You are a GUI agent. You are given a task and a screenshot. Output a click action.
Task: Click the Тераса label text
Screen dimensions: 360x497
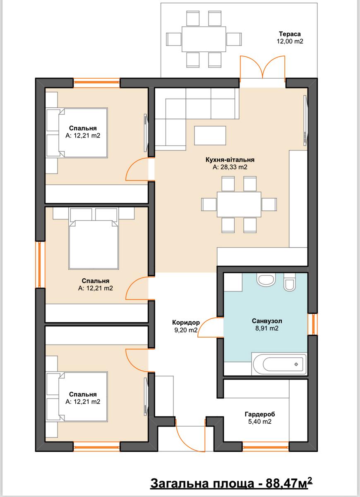[x=290, y=34]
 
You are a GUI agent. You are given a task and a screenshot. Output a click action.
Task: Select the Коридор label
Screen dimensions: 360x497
[x=186, y=322]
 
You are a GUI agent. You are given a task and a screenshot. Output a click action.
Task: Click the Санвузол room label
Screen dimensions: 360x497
[x=267, y=321]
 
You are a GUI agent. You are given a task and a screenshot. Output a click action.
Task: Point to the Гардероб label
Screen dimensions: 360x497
[x=260, y=414]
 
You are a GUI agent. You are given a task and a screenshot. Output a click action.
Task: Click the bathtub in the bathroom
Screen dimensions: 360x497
[x=279, y=364]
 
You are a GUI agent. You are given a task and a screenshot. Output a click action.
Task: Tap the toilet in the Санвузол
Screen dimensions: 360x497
[x=290, y=282]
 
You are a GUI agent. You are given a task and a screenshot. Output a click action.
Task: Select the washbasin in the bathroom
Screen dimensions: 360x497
[x=266, y=279]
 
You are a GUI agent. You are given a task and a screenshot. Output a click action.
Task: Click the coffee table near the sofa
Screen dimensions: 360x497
[x=210, y=135]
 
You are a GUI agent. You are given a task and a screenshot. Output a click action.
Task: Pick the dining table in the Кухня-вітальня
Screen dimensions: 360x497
[x=239, y=204]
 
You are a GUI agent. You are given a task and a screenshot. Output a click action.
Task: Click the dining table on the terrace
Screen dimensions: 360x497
[x=204, y=39]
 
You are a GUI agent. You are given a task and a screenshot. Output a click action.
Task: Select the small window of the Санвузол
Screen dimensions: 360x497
[x=312, y=324]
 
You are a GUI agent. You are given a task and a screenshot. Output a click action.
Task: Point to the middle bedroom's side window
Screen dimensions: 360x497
[x=40, y=265]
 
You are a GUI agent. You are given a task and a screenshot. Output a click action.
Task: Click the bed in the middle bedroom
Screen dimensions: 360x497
[x=94, y=244]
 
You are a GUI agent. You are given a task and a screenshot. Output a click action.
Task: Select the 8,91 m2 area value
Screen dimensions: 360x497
[x=267, y=328]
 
